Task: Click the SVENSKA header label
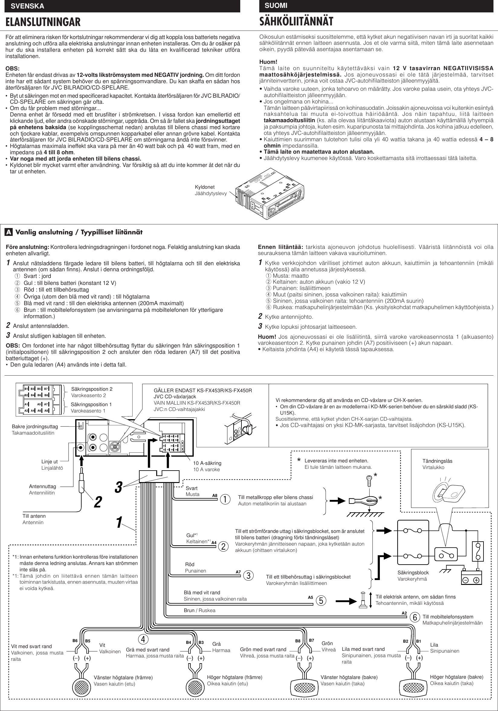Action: tap(27, 6)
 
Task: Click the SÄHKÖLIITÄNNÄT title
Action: tap(296, 21)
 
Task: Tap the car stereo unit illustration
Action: tap(269, 193)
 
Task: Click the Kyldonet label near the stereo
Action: tap(205, 187)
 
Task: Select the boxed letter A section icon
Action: tap(9, 232)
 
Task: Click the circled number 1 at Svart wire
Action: tap(225, 499)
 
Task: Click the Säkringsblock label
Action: tap(413, 572)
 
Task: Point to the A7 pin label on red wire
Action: tap(238, 572)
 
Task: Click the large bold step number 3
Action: tap(118, 488)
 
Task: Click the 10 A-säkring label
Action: tap(207, 463)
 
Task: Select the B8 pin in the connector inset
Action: tap(46, 395)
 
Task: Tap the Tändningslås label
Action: tap(437, 461)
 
